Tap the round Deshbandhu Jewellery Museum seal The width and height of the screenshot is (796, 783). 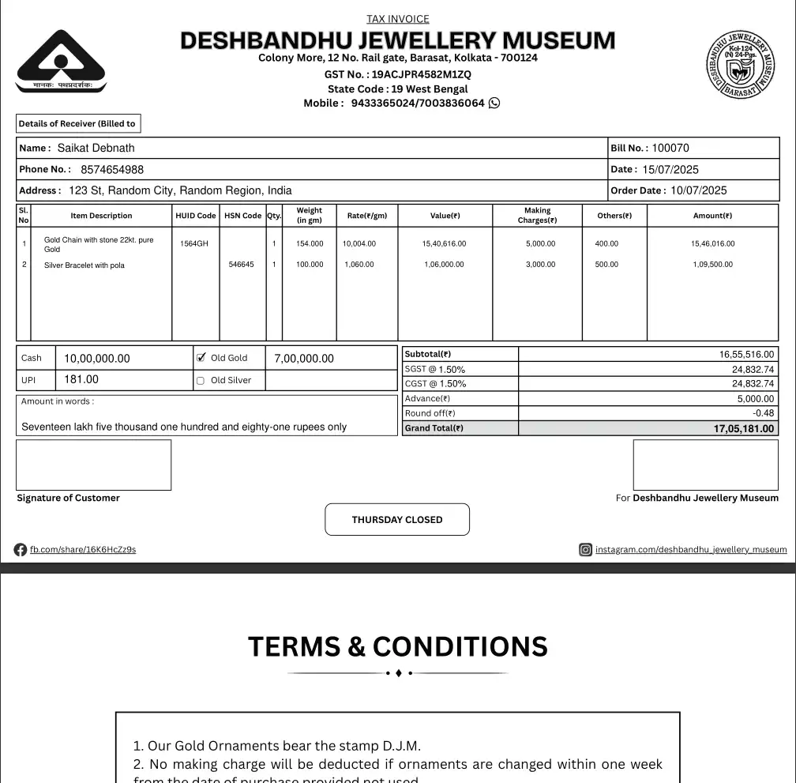740,66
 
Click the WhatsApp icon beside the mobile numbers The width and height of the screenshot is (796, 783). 494,103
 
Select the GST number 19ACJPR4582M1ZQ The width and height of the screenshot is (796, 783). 422,74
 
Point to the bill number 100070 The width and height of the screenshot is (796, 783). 670,148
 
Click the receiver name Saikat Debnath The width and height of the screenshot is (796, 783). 96,148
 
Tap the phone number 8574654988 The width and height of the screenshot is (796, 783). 112,169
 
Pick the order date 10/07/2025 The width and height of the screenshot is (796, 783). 698,190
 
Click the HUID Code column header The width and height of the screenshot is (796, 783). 195,216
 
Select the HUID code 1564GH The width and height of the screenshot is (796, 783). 194,243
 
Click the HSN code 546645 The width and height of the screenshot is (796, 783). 242,265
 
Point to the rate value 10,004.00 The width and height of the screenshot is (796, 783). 359,243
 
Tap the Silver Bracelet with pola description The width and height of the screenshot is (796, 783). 84,265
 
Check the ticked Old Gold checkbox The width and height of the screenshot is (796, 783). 201,358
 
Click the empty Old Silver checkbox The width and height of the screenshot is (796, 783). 201,381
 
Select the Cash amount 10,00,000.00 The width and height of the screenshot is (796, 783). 97,359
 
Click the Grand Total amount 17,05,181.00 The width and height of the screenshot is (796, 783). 744,429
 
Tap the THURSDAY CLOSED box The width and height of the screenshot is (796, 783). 397,520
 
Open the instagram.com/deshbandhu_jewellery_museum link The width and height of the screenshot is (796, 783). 690,550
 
